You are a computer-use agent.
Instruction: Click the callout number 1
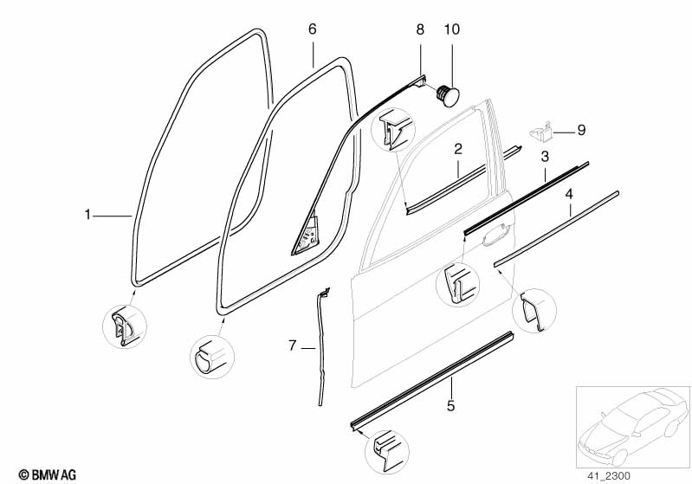click(x=87, y=214)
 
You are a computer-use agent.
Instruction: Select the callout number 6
click(x=313, y=29)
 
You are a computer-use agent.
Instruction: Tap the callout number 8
click(x=420, y=29)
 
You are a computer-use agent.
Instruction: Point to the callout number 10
click(x=450, y=29)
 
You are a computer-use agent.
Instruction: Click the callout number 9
click(x=581, y=131)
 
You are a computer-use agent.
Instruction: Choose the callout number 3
click(x=545, y=157)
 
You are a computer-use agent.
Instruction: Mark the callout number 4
click(x=569, y=194)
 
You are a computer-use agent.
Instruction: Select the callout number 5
click(x=450, y=404)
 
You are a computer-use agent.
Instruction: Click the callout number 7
click(x=293, y=346)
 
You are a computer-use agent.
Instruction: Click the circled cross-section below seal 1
click(x=125, y=326)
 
